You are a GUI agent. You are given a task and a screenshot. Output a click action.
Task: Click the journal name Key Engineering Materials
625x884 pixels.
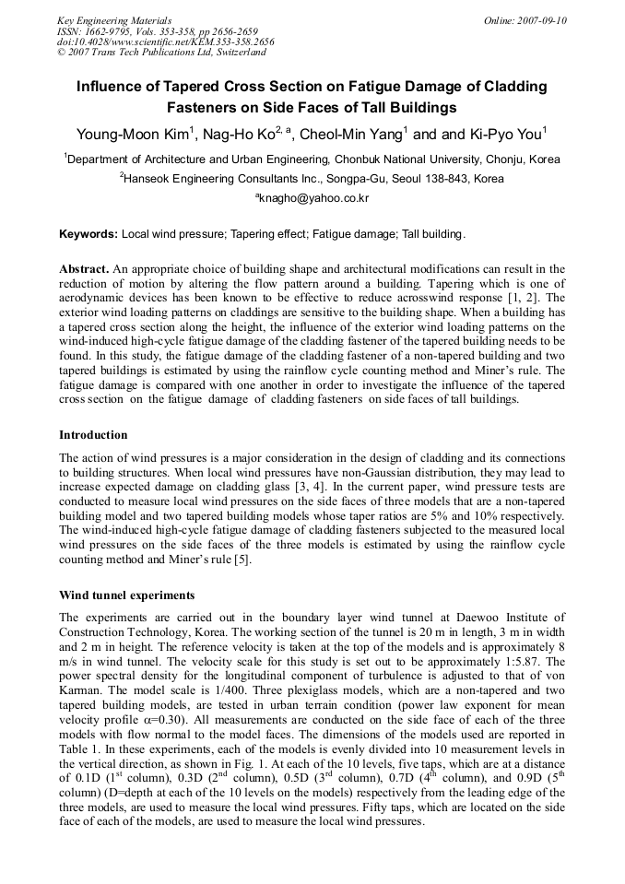point(114,20)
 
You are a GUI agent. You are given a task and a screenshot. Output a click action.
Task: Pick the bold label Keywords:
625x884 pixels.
point(88,235)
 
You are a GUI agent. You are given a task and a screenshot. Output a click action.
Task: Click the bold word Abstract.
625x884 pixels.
point(84,268)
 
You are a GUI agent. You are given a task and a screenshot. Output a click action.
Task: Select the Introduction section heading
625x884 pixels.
point(93,434)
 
